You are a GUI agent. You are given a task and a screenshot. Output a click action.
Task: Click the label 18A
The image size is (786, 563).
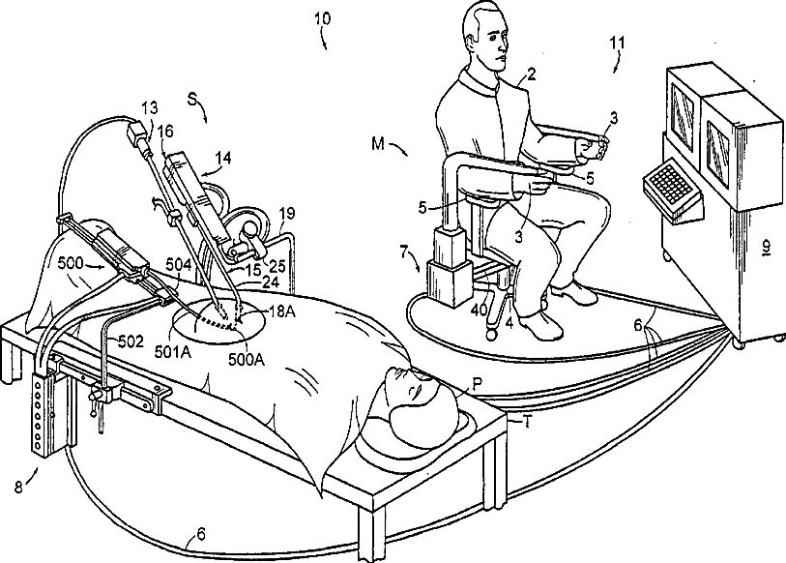click(x=281, y=311)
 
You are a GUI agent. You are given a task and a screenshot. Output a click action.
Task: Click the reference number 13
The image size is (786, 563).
click(x=148, y=105)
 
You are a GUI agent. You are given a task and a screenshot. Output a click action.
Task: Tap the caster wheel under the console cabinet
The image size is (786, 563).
click(x=741, y=341)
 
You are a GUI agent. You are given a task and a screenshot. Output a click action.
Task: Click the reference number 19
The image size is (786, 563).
click(x=285, y=213)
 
